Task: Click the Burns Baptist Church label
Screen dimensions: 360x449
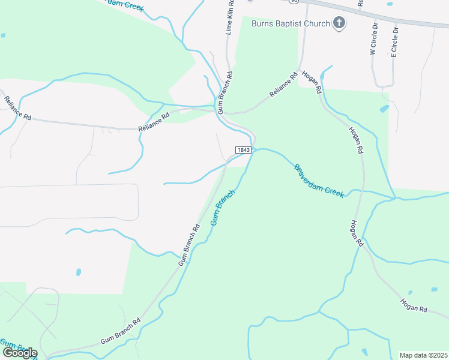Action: point(291,23)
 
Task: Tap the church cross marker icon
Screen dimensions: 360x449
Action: point(339,23)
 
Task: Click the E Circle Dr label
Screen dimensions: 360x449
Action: point(394,41)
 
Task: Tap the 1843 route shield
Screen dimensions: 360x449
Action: point(243,150)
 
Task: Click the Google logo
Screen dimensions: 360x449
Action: point(19,352)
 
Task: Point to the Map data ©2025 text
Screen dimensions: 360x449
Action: point(423,355)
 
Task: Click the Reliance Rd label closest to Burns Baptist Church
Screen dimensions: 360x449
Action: point(284,86)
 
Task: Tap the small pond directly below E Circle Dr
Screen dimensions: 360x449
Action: point(385,109)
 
